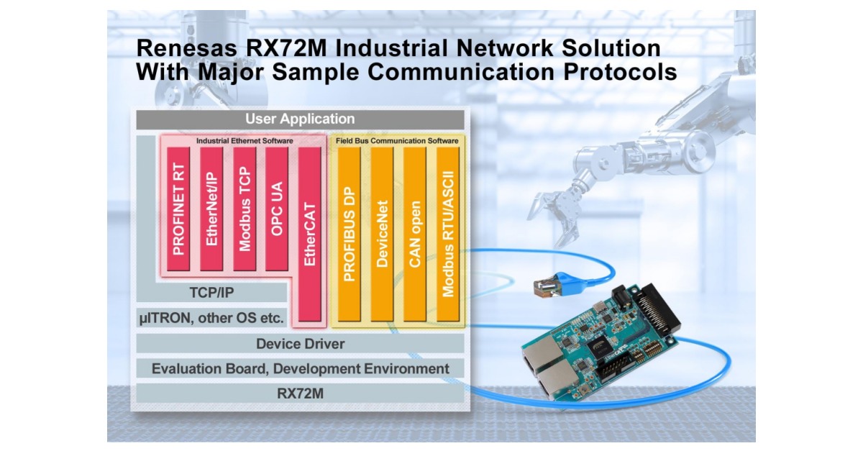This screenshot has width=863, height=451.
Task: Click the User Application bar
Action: coord(300,119)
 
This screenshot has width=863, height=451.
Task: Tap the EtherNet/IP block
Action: coord(212,210)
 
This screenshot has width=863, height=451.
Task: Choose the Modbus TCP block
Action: coord(245,210)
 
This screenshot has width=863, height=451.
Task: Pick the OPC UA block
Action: coord(277,210)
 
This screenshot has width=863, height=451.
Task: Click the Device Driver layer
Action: coord(300,344)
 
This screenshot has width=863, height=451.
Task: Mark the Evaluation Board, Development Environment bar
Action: coord(300,369)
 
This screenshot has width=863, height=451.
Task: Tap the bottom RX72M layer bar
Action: coord(300,393)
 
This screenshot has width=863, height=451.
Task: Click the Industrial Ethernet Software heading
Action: coord(245,140)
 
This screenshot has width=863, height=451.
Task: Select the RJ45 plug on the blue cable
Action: coord(543,288)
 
